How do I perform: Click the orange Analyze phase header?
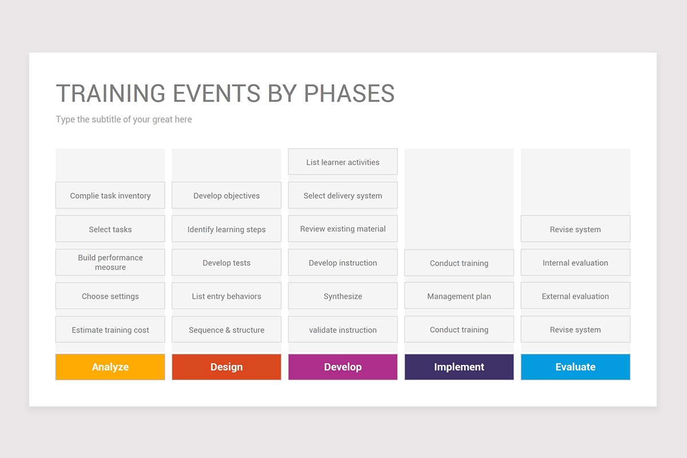[x=110, y=367]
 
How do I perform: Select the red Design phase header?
[x=226, y=367]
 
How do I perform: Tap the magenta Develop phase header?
[x=343, y=367]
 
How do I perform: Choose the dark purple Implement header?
[x=459, y=367]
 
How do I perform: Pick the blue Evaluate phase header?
[x=575, y=367]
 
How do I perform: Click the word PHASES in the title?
[x=349, y=93]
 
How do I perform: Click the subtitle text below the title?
[x=124, y=119]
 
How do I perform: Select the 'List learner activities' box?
[x=343, y=161]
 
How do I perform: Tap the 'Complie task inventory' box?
[x=110, y=195]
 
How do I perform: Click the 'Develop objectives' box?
[x=226, y=195]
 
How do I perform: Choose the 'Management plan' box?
[x=459, y=296]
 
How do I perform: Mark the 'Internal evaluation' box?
[x=575, y=262]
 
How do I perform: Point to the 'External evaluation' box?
[x=575, y=296]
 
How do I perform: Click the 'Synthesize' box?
[x=343, y=296]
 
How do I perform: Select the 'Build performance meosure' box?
[x=110, y=262]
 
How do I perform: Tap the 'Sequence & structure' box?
[x=226, y=329]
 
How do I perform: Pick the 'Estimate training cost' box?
[x=110, y=329]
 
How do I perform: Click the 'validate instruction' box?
[x=343, y=329]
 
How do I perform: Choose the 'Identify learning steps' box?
[x=226, y=229]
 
